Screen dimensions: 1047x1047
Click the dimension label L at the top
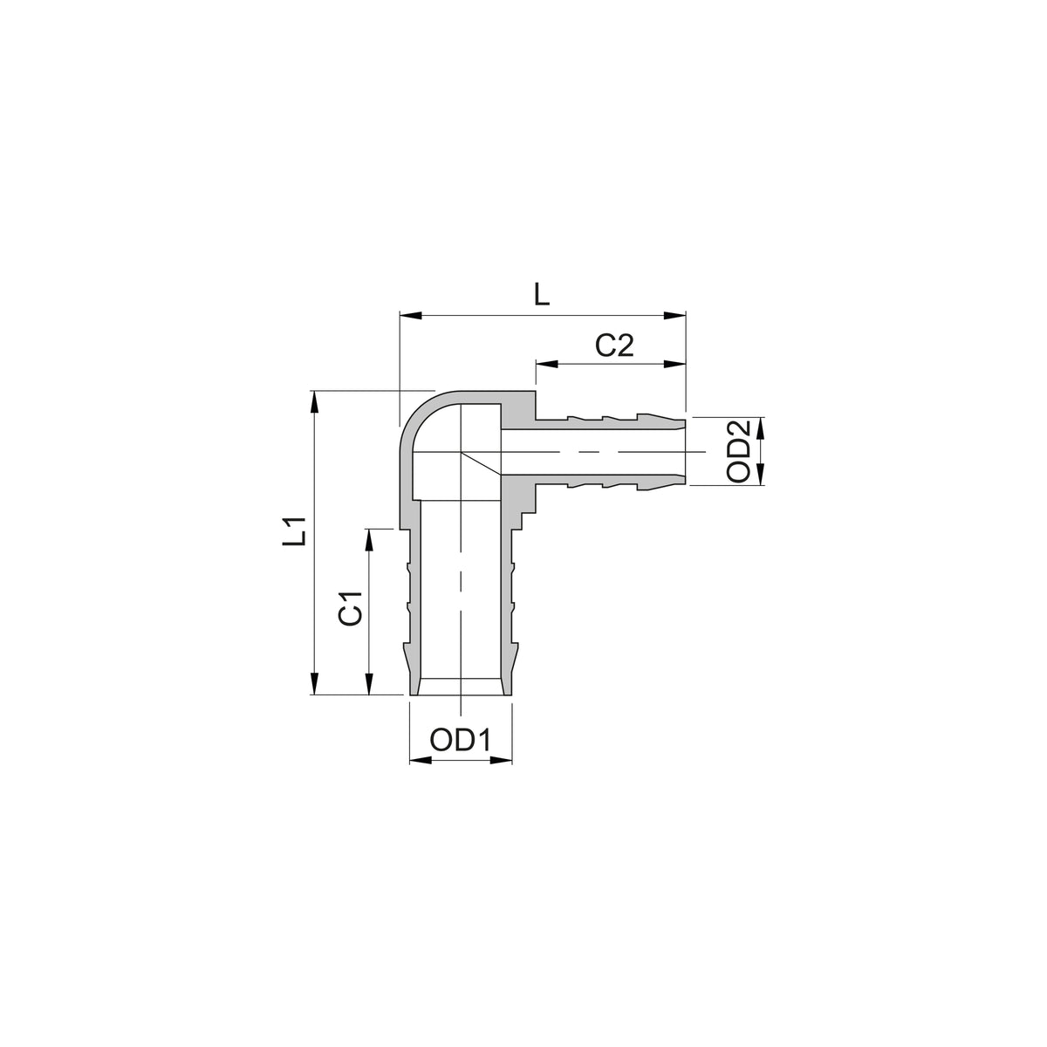click(542, 294)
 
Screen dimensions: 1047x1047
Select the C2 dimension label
click(614, 345)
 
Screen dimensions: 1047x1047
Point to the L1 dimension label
click(298, 530)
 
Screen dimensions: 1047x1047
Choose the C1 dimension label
click(351, 608)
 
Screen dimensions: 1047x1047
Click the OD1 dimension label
click(460, 740)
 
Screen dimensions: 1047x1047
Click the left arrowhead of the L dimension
click(411, 315)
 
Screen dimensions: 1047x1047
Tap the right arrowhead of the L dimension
click(674, 315)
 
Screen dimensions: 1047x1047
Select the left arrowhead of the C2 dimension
click(547, 364)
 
